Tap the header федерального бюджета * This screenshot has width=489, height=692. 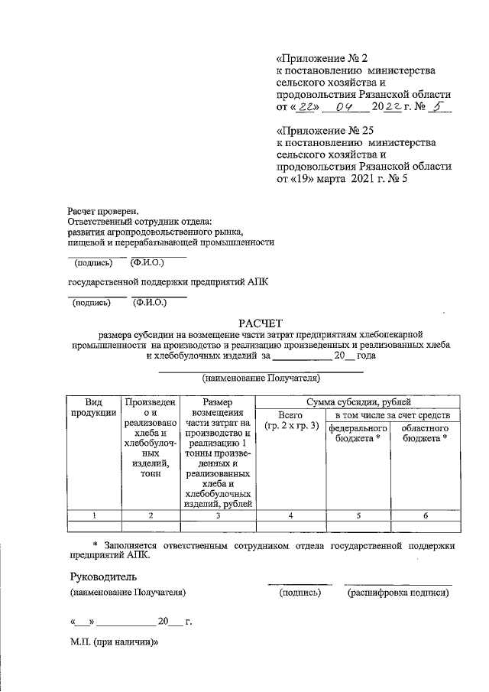[x=358, y=434]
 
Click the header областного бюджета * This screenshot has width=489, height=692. [x=426, y=434]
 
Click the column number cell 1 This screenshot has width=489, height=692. [x=93, y=515]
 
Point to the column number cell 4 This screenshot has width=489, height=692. [x=291, y=515]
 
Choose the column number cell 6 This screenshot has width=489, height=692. [x=426, y=515]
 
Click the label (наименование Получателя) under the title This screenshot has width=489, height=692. [x=260, y=378]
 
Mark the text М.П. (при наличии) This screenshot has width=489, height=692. [x=113, y=644]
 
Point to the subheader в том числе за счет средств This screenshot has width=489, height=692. [x=392, y=414]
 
